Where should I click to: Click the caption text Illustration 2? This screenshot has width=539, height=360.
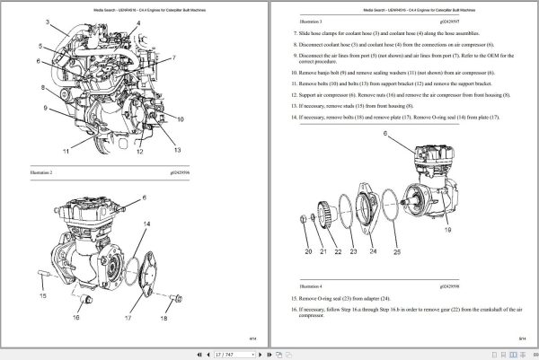pos(40,171)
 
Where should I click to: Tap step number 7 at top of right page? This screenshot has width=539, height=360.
pos(296,31)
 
